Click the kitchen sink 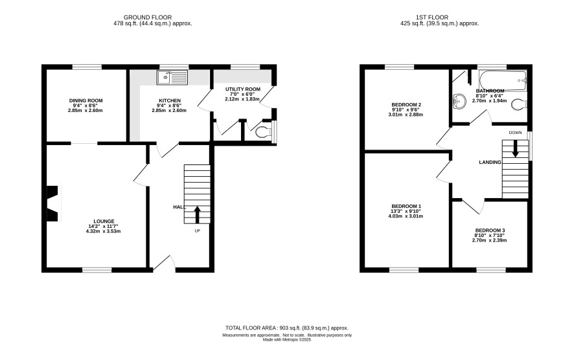172,78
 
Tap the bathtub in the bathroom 503,80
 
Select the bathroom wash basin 459,102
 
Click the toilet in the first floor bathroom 519,104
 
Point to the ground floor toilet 264,131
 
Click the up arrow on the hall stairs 197,215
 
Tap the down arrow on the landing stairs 515,149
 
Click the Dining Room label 86,100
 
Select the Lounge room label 104,221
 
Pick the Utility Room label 243,89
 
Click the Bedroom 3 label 490,230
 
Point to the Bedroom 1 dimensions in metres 406,216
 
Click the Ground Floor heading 148,17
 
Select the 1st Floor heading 432,17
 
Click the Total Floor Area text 286,328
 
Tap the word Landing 490,162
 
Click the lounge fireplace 53,203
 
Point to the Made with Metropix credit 287,339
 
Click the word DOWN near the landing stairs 515,133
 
